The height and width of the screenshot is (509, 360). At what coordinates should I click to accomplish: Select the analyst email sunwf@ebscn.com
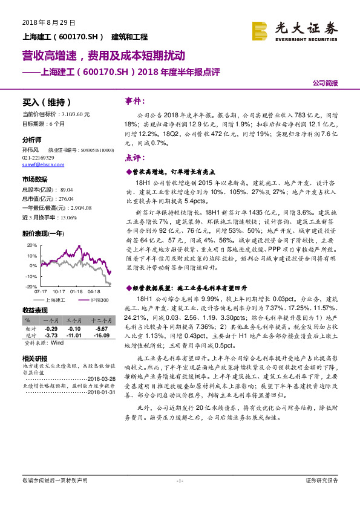39,164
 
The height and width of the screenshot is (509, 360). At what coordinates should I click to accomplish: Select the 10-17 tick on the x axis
58,291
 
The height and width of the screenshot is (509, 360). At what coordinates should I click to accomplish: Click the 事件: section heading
133,100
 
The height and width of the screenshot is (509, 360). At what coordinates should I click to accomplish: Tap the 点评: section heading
133,158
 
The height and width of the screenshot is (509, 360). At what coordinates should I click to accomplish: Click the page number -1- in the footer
179,480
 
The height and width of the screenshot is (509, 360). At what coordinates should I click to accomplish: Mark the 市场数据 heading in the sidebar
34,180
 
